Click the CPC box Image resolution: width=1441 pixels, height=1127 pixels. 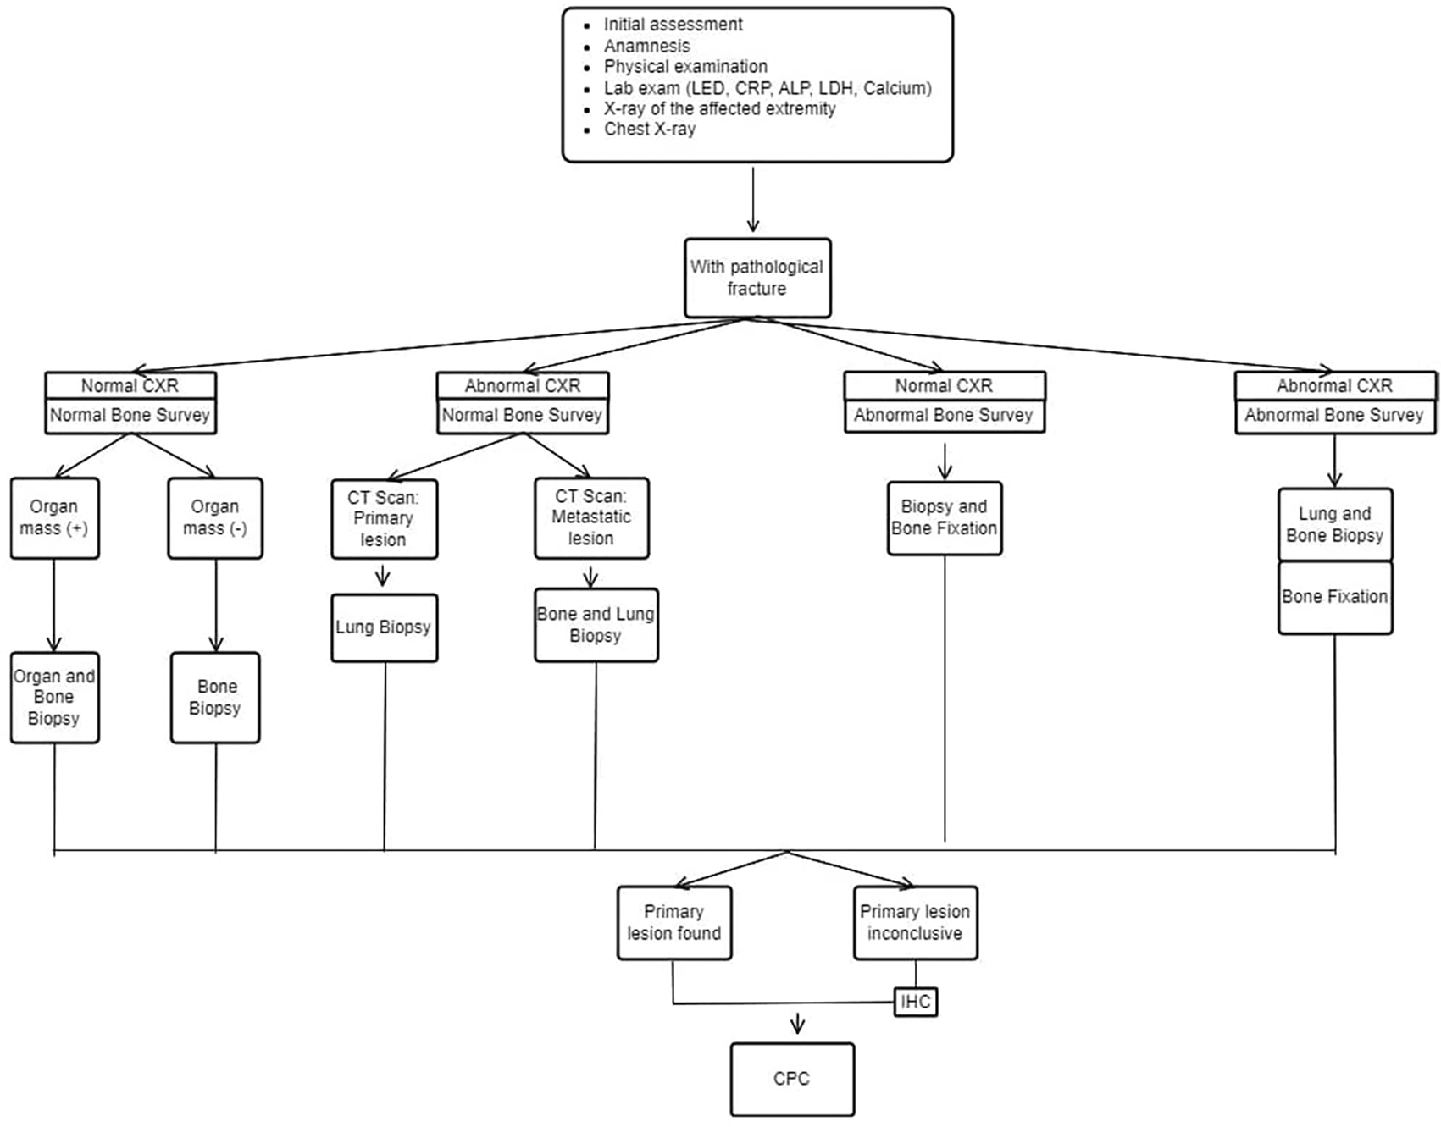792,1079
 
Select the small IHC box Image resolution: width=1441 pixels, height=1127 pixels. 916,1002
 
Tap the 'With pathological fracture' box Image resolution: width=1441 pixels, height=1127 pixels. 757,278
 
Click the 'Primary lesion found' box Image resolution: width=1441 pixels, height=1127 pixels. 674,922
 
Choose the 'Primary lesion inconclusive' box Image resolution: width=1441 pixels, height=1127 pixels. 915,922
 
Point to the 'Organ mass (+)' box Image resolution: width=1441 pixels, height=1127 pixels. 54,517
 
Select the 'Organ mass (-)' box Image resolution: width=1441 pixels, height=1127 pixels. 215,517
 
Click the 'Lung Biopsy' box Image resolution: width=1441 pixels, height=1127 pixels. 384,627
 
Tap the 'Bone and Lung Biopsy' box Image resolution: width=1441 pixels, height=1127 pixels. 596,625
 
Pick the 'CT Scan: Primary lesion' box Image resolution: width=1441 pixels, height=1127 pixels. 384,518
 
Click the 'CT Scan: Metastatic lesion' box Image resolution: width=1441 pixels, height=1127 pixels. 591,517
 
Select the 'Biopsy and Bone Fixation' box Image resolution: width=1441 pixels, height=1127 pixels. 945,518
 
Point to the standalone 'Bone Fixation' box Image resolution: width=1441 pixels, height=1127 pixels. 1335,597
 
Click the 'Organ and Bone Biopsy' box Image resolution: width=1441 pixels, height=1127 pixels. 54,697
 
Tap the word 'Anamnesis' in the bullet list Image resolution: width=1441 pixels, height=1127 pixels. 646,46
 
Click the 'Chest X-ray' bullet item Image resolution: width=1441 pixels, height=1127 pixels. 650,129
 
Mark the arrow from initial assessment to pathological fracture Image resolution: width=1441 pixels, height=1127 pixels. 753,199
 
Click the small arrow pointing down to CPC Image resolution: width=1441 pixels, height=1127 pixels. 797,1025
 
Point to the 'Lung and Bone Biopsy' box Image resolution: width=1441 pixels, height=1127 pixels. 1335,524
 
